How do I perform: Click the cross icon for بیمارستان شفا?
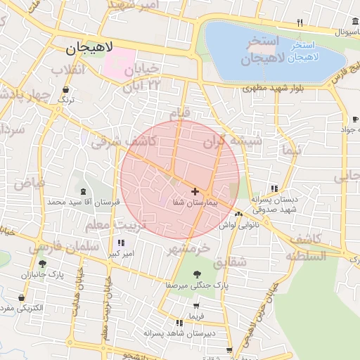(x=194, y=191)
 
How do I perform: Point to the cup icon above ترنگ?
(x=66, y=89)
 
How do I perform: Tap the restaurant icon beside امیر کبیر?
(x=122, y=243)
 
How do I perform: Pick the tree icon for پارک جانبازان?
(x=43, y=264)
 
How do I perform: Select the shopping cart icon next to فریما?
(x=195, y=306)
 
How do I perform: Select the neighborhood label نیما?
(x=290, y=150)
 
